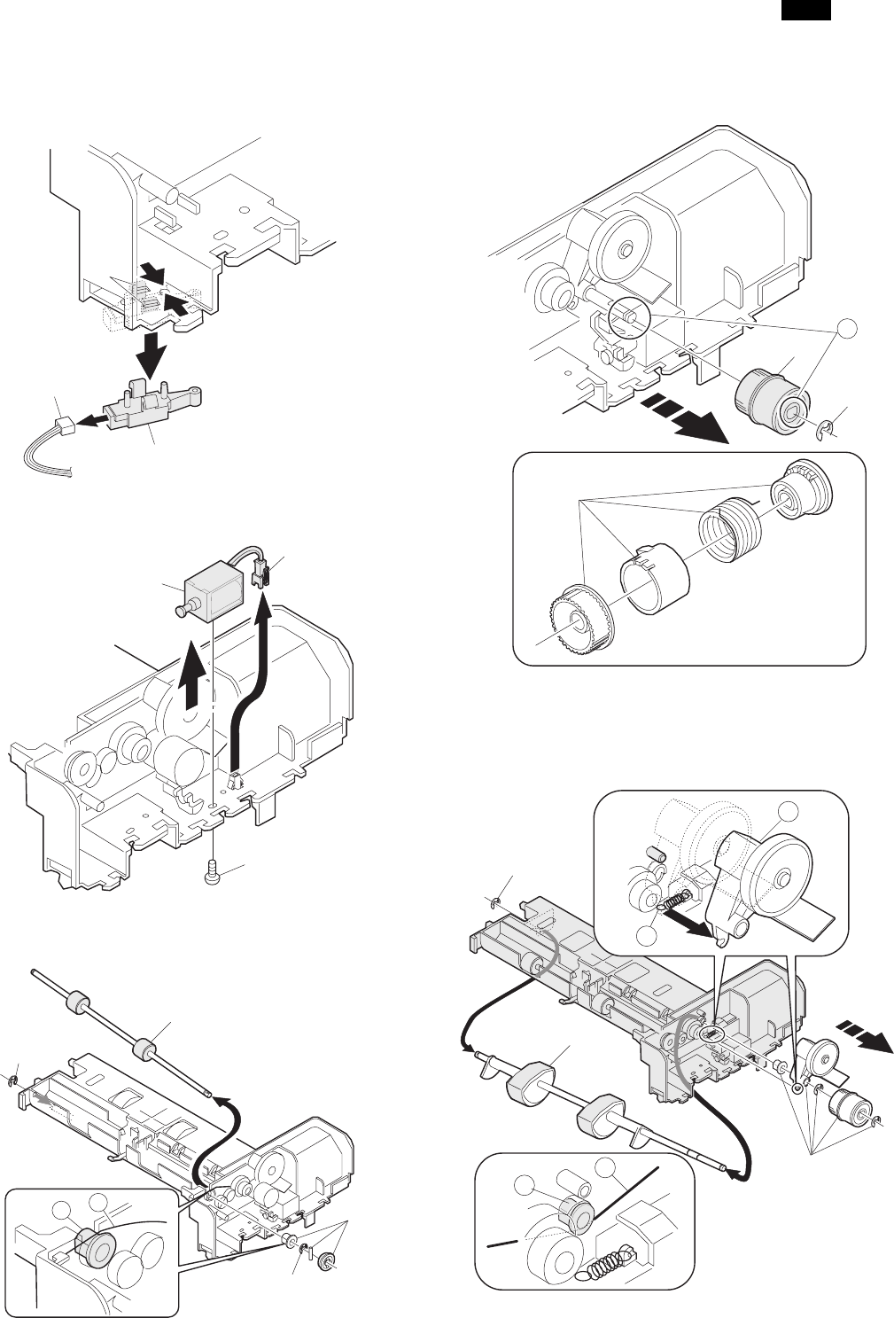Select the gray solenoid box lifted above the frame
206,592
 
